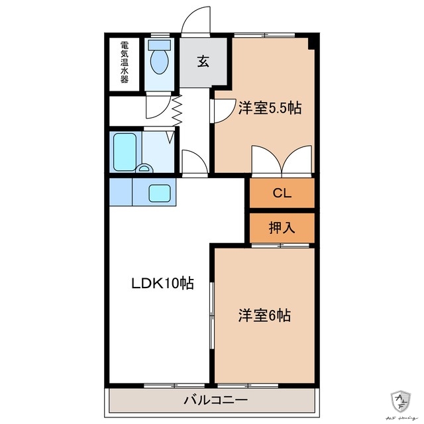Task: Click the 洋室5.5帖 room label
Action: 270,107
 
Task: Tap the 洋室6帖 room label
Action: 264,315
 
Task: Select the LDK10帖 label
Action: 161,284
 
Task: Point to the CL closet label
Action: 282,193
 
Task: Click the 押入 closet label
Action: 282,228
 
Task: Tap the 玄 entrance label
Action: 203,62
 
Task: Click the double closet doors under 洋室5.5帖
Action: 282,161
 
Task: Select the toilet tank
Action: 159,44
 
